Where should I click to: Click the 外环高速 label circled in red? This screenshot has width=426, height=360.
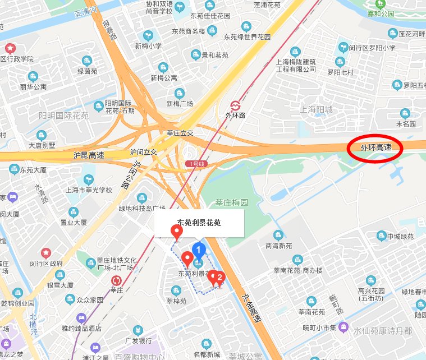tap(375, 149)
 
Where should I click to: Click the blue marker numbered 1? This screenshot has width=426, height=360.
tap(198, 250)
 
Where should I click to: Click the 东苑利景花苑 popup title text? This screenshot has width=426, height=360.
tap(199, 223)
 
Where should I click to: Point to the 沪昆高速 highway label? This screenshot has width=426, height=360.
tap(89, 154)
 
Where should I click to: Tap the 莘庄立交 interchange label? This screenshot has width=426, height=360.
tap(180, 133)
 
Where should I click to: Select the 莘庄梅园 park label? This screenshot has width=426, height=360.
tap(232, 202)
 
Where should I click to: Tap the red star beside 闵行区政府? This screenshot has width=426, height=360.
tap(46, 253)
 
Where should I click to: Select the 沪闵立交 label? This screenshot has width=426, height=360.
tap(143, 152)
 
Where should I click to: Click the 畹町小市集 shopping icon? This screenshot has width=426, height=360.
tap(343, 327)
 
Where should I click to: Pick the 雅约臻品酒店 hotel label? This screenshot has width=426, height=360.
tap(82, 328)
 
